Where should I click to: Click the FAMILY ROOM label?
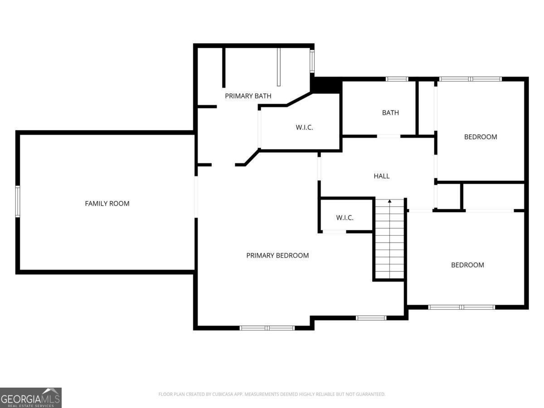coord(107,204)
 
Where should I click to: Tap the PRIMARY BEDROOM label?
coord(277,256)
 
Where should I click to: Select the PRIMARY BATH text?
coord(248,96)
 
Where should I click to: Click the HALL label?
coord(381,176)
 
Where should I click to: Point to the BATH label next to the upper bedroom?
coord(390,112)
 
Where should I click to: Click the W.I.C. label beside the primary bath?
coord(304,127)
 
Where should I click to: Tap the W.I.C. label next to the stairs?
coord(345,218)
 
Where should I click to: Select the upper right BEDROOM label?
coord(480,137)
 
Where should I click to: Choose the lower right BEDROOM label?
coord(467,265)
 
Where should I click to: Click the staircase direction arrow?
coord(389,201)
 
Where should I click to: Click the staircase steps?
coord(389,240)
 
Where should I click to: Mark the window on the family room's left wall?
coord(18,201)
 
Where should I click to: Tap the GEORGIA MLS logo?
coord(30,398)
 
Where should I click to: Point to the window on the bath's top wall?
coord(397,79)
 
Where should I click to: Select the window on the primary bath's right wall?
coord(312,61)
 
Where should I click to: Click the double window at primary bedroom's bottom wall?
coord(267,328)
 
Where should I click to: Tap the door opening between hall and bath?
coord(389,136)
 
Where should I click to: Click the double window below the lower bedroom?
coord(461,307)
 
